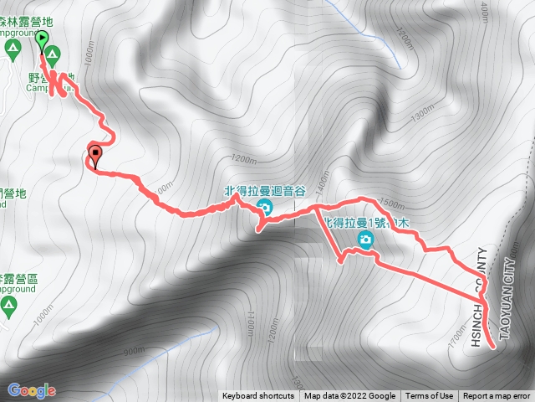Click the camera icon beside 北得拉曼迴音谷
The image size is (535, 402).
(x=264, y=208)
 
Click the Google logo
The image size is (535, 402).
(x=31, y=390)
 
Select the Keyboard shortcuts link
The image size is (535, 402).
(x=257, y=396)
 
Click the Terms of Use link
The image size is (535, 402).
(x=430, y=396)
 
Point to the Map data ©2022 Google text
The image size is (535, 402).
(x=349, y=396)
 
